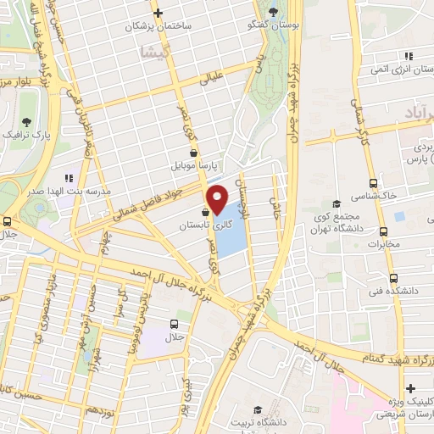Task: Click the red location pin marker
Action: click(220, 199)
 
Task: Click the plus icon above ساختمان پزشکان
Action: click(158, 13)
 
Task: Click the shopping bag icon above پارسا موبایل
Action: click(196, 153)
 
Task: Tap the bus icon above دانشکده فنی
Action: click(393, 277)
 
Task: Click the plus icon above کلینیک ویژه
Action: click(409, 387)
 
